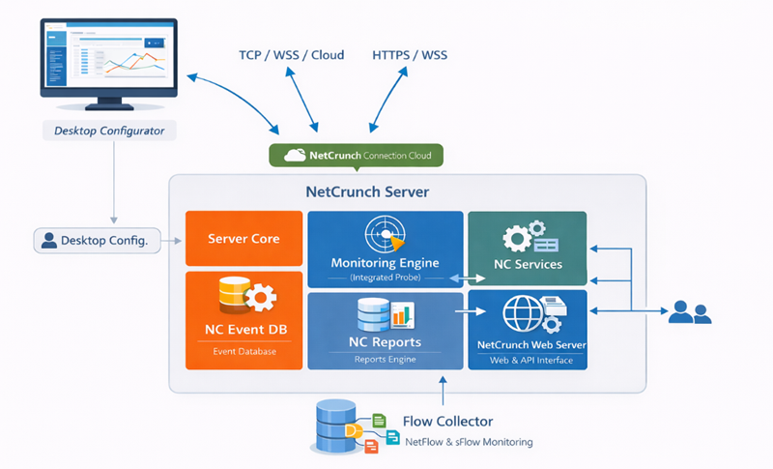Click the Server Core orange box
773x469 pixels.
point(243,238)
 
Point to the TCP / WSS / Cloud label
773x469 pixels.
point(291,55)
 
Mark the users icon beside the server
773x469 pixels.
point(690,311)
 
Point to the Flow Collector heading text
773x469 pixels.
point(447,422)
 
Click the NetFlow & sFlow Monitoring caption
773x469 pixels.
point(469,442)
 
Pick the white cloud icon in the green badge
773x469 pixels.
point(294,155)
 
